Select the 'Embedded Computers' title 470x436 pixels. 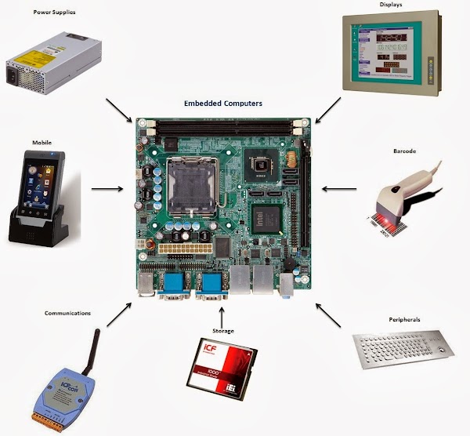(x=223, y=104)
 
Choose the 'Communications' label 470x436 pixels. (x=67, y=313)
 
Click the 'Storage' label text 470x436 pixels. (x=223, y=331)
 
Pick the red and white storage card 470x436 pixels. (x=222, y=369)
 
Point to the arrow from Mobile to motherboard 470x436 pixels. (x=107, y=189)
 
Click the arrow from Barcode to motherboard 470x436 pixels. (x=338, y=189)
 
